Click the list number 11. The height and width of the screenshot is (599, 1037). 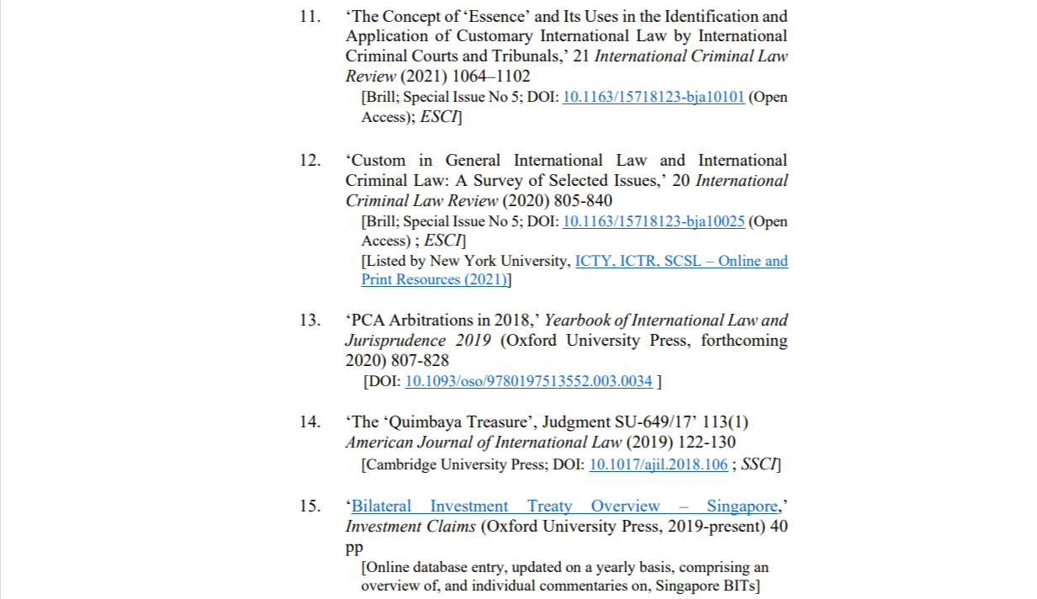[x=310, y=16]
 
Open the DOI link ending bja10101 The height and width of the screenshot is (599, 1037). [x=653, y=97]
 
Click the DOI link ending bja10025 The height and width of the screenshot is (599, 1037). [x=653, y=222]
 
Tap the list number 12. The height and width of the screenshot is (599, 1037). [x=310, y=161]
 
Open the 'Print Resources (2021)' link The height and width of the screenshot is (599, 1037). [x=435, y=280]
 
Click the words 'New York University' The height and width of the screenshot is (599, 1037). [x=500, y=262]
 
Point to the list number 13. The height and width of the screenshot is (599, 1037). [x=310, y=321]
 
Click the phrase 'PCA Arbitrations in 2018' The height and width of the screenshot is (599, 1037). [x=441, y=321]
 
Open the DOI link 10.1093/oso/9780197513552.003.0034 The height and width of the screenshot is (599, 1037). [x=528, y=382]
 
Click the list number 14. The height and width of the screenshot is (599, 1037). [x=310, y=422]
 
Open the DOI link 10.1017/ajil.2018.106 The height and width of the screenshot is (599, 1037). [x=658, y=464]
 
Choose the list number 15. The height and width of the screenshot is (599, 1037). [x=310, y=506]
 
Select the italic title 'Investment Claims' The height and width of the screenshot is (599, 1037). [x=410, y=527]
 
